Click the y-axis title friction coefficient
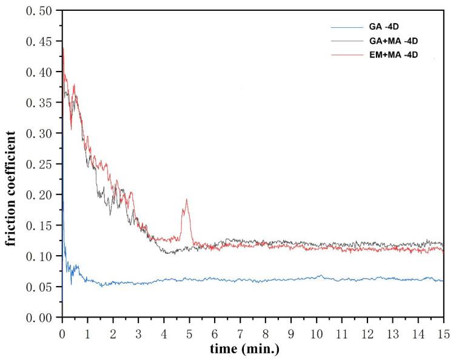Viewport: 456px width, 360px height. (11, 164)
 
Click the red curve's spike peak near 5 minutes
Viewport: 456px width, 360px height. (187, 199)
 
